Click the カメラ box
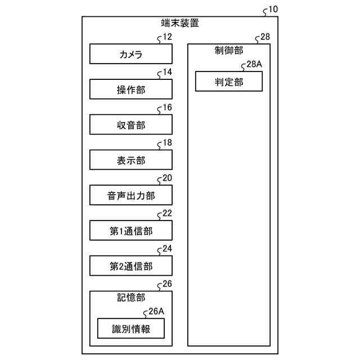pos(131,55)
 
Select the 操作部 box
pos(131,90)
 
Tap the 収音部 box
pos(131,125)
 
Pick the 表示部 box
pos(131,161)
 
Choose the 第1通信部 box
pos(131,231)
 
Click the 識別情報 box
pos(131,329)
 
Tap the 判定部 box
pos(229,82)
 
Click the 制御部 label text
pos(229,50)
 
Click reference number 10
pos(273,10)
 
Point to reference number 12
pos(167,37)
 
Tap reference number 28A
pos(254,65)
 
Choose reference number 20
pos(167,178)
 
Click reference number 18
pos(167,143)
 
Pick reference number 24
pos(167,249)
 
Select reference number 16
pos(167,107)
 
